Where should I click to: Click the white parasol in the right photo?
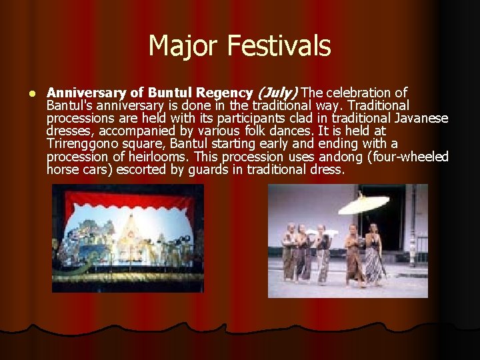click(363, 201)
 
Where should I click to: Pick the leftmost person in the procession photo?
click(289, 253)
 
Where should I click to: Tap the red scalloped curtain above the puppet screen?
click(128, 197)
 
